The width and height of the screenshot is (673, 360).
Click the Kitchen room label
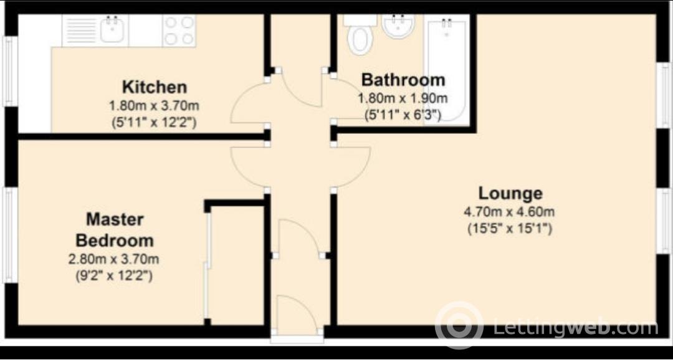[x=154, y=87]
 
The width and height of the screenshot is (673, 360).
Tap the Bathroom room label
[x=403, y=80]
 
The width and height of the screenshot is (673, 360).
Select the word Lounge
[x=510, y=193]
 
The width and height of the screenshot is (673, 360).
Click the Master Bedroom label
[x=114, y=230]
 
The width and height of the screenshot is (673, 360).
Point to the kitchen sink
[x=112, y=29]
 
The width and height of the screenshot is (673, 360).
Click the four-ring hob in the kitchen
[x=179, y=30]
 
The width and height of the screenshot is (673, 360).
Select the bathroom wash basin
[x=398, y=26]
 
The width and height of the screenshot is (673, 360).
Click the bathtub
[x=447, y=69]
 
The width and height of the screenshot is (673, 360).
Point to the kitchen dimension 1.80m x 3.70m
[x=154, y=105]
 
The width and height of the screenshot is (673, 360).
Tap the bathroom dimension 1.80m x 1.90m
[x=403, y=98]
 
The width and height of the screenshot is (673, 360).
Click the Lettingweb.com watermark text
[x=575, y=326]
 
